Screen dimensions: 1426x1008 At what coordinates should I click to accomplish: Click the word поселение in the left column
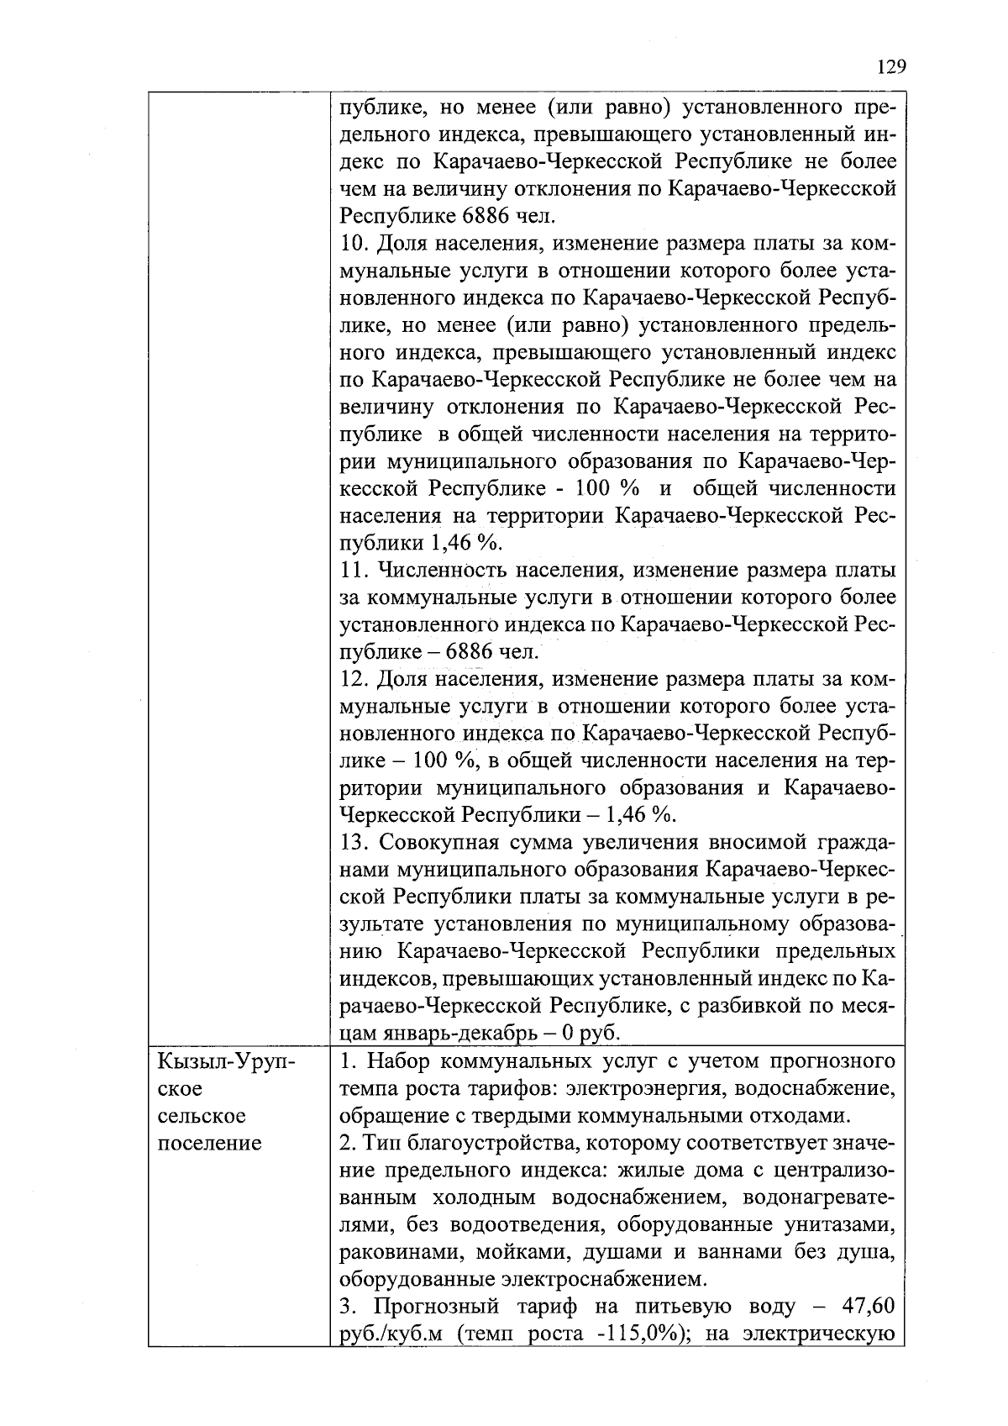point(209,1144)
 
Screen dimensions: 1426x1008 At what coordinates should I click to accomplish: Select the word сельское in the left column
point(201,1117)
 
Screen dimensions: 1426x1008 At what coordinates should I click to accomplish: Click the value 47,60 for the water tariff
point(865,1307)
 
